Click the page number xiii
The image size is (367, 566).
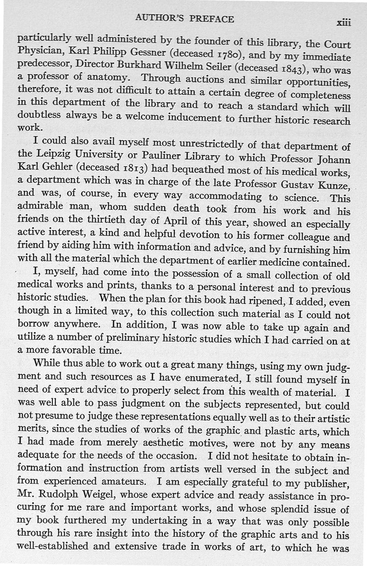343,22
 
